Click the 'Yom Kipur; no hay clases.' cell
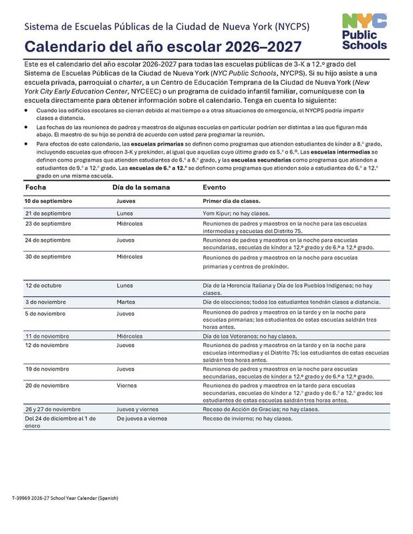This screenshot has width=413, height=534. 240,212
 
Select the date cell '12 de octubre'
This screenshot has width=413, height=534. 44,285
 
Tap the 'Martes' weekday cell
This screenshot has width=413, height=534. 126,302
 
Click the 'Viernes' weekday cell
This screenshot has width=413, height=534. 127,385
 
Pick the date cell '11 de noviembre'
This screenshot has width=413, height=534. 49,336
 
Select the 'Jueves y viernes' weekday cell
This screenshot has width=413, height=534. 139,408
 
